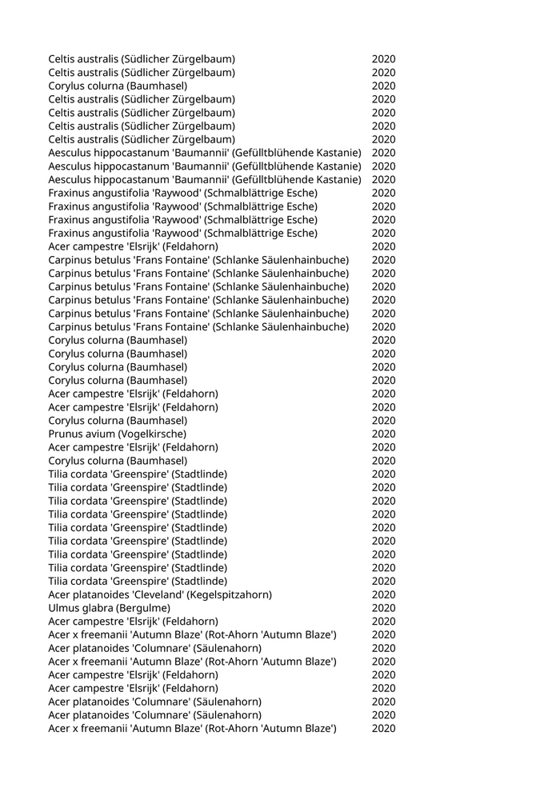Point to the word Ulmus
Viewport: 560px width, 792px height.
63,607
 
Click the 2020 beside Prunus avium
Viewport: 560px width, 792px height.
383,434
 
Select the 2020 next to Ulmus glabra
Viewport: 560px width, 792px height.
383,607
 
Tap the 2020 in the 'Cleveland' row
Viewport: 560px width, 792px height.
383,594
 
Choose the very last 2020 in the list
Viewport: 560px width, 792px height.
383,728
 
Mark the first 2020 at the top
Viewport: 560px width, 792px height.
383,59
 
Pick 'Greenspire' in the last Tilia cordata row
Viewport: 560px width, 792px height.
140,581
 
